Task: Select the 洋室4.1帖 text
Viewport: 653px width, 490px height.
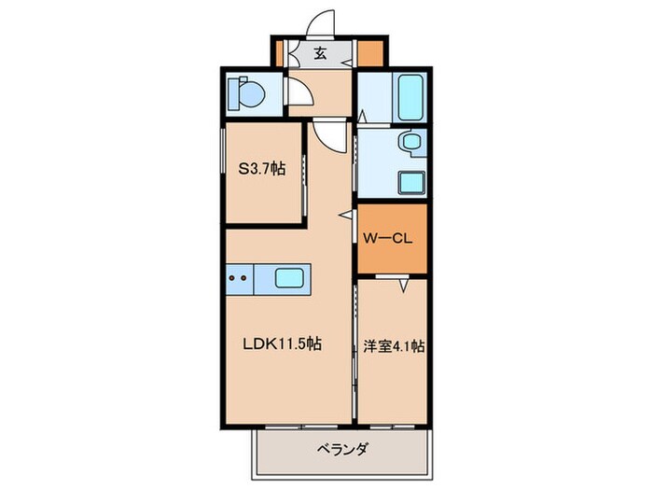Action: click(x=393, y=345)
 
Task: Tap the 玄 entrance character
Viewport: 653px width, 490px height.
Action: click(x=320, y=52)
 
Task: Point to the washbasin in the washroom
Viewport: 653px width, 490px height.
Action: click(x=410, y=144)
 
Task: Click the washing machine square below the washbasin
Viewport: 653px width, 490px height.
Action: click(x=410, y=180)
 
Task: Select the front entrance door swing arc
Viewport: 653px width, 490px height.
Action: click(x=322, y=23)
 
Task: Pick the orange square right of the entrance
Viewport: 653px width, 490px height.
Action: click(x=369, y=53)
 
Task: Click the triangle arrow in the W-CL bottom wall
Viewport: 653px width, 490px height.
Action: click(x=404, y=286)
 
